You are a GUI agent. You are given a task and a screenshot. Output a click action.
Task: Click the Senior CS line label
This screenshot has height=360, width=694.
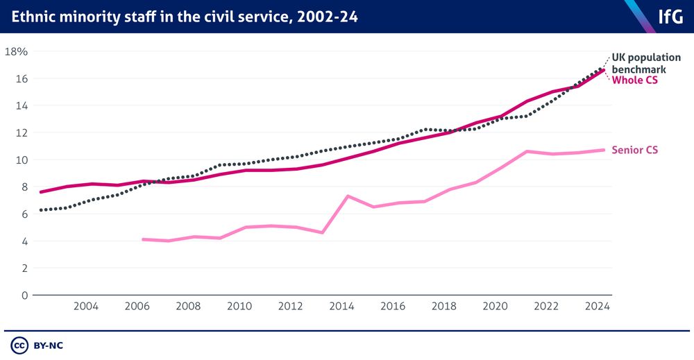pos(634,150)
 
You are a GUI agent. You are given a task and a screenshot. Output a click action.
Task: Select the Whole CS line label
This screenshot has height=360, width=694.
pos(634,80)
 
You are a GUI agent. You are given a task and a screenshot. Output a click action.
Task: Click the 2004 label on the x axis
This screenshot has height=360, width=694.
pos(85,307)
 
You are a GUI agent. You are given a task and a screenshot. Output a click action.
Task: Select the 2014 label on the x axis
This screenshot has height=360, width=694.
pos(342,307)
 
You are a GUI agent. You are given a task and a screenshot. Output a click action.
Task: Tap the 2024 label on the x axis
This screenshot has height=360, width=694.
pos(598,307)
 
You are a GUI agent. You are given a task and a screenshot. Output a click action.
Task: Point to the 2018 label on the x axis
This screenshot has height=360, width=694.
pos(444,307)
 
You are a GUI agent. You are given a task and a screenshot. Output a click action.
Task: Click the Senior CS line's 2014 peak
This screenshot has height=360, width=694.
pos(348,196)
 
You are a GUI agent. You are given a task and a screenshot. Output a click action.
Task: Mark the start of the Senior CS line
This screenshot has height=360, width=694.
pos(143,239)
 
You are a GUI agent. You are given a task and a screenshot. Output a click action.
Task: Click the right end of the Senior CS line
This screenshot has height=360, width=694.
pos(604,150)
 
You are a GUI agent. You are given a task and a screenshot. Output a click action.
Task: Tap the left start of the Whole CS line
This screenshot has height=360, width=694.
pos(41,192)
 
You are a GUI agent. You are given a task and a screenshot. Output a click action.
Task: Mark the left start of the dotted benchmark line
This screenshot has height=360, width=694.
pos(41,210)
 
